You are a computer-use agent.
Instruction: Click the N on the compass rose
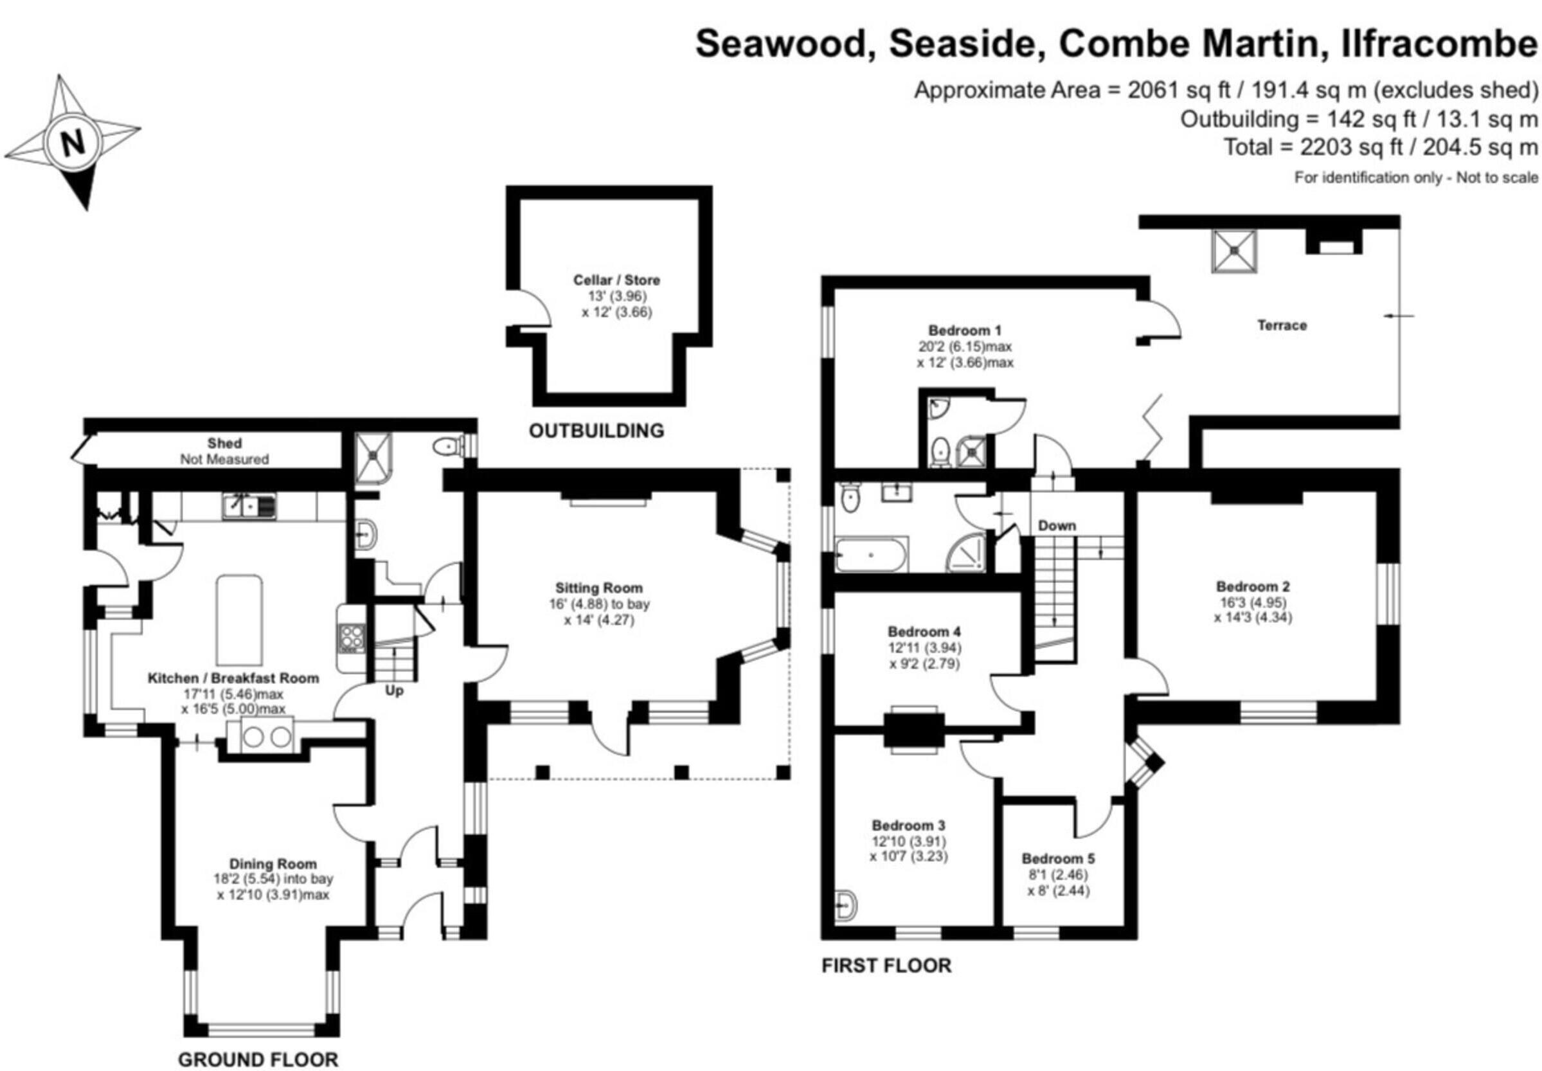click(x=73, y=142)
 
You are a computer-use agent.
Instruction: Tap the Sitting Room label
click(x=598, y=588)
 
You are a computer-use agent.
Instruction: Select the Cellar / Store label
click(x=616, y=280)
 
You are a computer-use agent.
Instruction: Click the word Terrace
click(x=1282, y=325)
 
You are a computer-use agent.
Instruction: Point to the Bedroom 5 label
click(x=1058, y=858)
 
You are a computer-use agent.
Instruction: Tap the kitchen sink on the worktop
click(x=249, y=506)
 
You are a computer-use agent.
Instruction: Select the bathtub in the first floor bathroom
click(x=871, y=554)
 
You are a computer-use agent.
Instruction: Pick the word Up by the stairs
click(x=394, y=690)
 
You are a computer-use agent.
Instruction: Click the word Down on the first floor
click(x=1057, y=525)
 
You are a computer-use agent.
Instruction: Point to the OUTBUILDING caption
click(x=596, y=430)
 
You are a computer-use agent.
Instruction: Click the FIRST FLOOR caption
click(x=886, y=966)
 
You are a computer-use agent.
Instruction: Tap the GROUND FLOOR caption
click(x=258, y=1059)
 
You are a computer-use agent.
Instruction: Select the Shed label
click(x=224, y=444)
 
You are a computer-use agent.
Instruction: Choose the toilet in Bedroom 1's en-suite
click(x=940, y=453)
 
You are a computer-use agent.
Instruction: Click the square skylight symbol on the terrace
click(x=1234, y=251)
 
